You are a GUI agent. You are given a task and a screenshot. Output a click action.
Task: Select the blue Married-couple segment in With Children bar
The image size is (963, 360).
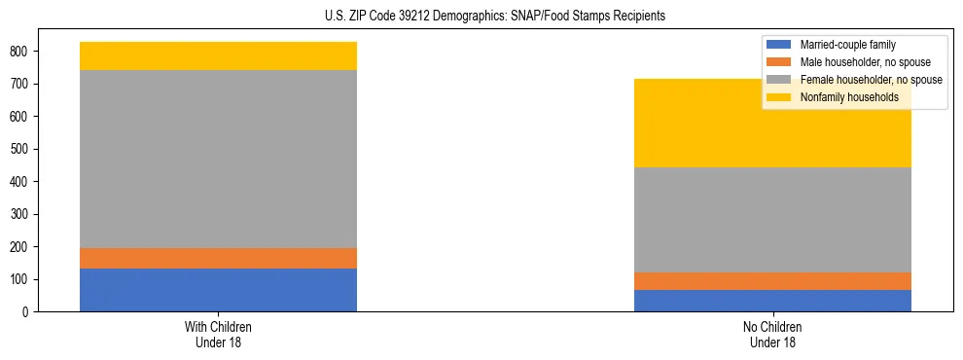pos(218,290)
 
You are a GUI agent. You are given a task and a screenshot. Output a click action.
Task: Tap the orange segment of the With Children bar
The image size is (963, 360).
pos(218,258)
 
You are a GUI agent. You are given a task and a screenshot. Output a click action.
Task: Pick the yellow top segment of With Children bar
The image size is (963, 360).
pos(218,55)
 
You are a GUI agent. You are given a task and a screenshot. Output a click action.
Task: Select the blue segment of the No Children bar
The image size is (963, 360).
pos(772,301)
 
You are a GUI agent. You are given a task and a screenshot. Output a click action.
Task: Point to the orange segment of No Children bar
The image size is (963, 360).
pos(772,281)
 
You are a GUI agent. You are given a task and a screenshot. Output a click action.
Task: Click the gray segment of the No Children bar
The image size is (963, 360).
pos(772,220)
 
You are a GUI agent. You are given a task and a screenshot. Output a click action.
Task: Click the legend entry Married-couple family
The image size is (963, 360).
pos(847,45)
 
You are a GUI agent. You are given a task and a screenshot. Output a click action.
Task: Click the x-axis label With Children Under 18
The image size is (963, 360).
pos(218,334)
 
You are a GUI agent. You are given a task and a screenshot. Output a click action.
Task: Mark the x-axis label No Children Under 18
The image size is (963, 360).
pos(772,334)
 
